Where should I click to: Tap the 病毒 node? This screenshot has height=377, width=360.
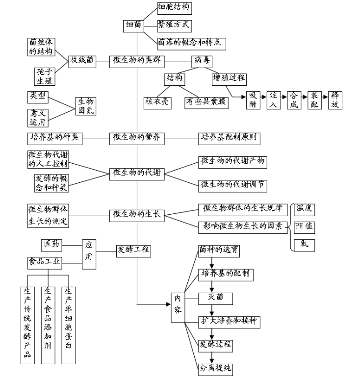click(x=202, y=60)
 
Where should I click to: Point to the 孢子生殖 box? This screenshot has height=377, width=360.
click(x=44, y=75)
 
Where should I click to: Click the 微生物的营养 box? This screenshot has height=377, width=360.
click(x=137, y=138)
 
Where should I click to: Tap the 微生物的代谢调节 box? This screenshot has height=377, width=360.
click(x=233, y=185)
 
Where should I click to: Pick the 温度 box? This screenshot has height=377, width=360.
click(x=304, y=208)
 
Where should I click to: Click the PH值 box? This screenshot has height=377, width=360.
click(x=304, y=226)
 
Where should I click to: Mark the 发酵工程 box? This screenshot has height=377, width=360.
click(x=133, y=251)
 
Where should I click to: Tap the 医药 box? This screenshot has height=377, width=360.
click(x=54, y=243)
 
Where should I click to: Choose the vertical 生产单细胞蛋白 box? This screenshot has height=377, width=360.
click(x=69, y=325)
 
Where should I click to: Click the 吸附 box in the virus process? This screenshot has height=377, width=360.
click(x=252, y=100)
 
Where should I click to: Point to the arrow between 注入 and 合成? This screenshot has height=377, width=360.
click(x=283, y=100)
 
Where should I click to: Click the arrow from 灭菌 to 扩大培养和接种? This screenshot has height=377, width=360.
click(x=212, y=310)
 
